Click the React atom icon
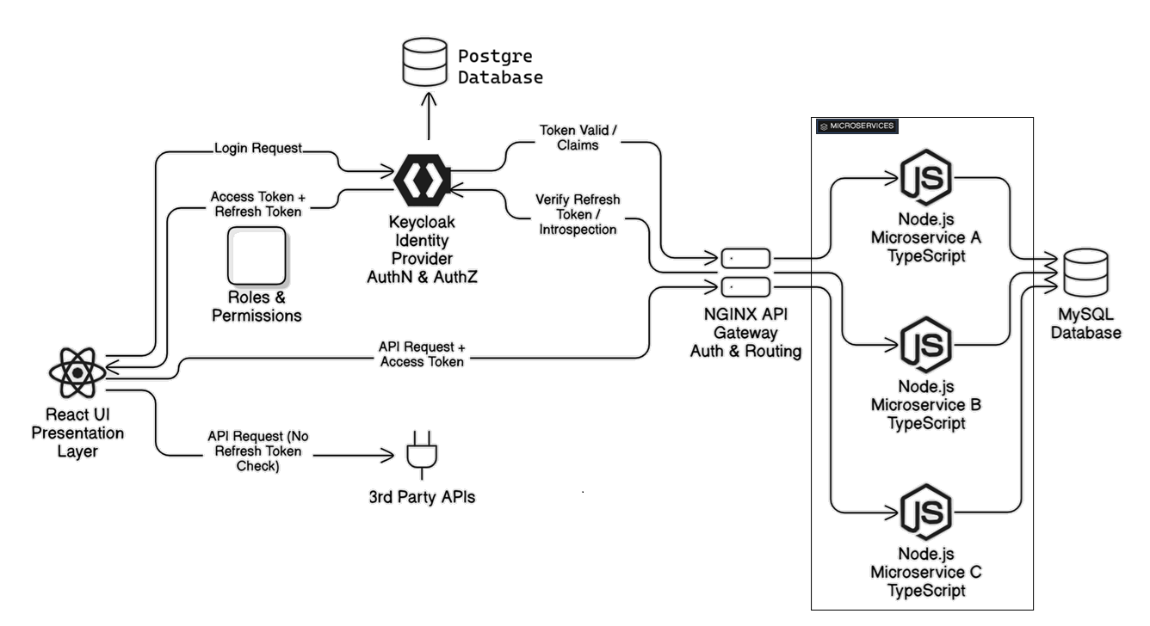(77, 372)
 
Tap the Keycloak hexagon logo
(423, 178)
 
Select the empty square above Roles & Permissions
(257, 255)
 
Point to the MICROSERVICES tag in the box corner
(856, 126)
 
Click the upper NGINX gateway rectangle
(745, 257)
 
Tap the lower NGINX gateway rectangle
(745, 285)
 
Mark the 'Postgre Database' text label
(500, 66)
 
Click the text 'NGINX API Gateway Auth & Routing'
(745, 333)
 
